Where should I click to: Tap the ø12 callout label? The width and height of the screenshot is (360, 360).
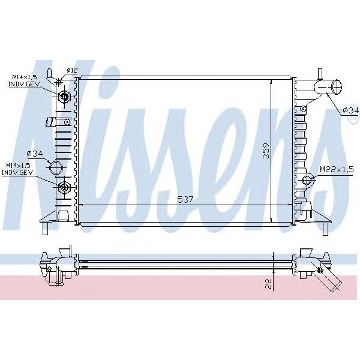tap(72, 71)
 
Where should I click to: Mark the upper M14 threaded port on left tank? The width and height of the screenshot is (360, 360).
tap(64, 96)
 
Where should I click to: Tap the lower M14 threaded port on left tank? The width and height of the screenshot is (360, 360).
tap(64, 188)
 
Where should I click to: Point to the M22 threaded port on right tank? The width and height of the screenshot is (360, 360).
tap(308, 180)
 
